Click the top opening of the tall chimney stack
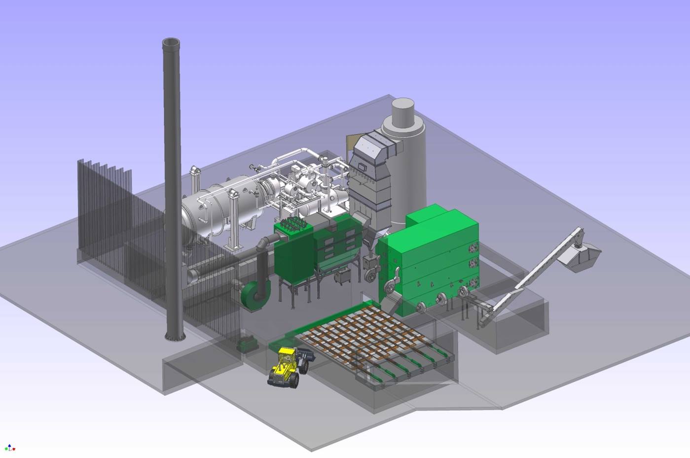pyautogui.click(x=171, y=43)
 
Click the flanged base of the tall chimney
pyautogui.click(x=175, y=337)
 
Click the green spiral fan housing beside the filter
pyautogui.click(x=255, y=294)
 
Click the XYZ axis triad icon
pyautogui.click(x=10, y=448)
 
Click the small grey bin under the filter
pyautogui.click(x=342, y=278)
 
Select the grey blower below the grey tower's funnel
pyautogui.click(x=371, y=272)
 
